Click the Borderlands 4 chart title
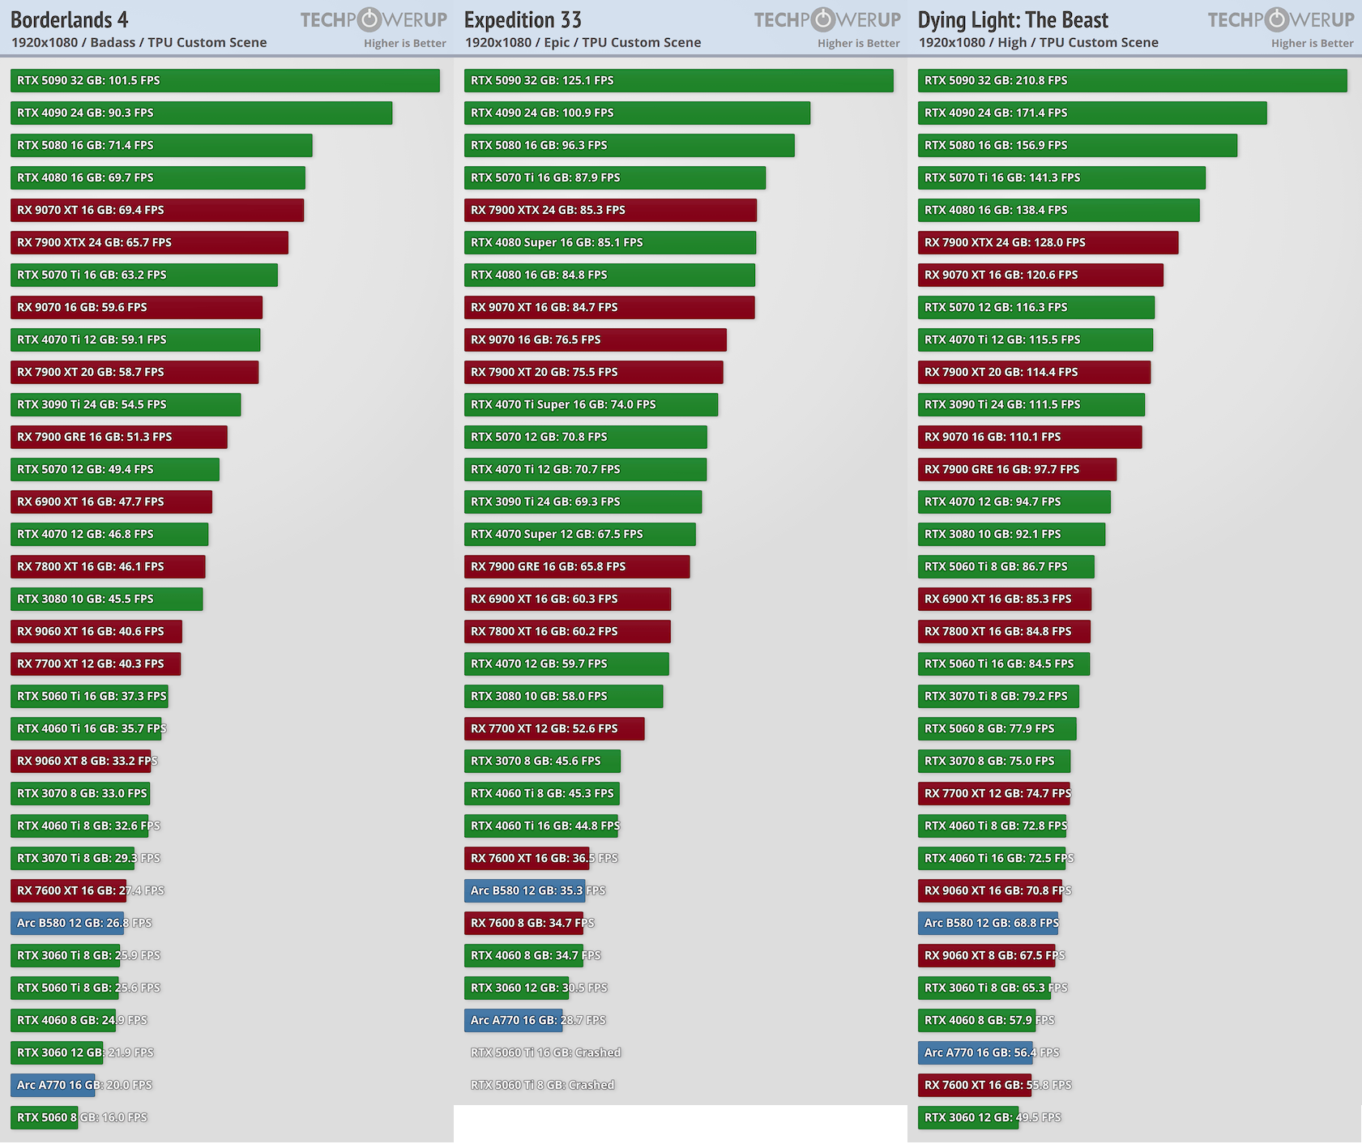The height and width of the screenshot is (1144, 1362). pos(69,19)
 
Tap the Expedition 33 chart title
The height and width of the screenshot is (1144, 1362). pos(523,19)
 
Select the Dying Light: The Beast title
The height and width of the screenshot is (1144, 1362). pos(1013,19)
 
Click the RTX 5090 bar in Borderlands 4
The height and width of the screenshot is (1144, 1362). pos(224,80)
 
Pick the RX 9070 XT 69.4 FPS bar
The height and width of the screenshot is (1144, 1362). pos(156,210)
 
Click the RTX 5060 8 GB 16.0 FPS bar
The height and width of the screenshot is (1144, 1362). pos(44,1117)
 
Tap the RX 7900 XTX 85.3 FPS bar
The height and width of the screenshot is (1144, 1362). pos(609,210)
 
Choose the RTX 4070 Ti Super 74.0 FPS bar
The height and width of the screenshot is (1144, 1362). pos(590,404)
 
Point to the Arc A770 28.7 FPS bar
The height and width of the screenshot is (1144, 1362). pos(513,1020)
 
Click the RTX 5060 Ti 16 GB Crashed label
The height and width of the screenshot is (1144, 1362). pos(545,1052)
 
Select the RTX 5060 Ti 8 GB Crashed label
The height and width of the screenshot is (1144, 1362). pos(542,1085)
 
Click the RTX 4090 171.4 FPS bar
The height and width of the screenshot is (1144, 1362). pos(1091,113)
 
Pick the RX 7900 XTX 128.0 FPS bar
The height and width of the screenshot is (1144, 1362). pos(1048,242)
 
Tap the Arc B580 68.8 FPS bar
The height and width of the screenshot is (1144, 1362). pos(987,923)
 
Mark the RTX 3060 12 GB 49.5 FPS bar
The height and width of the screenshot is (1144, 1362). pos(967,1117)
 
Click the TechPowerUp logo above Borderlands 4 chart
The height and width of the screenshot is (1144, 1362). pos(374,19)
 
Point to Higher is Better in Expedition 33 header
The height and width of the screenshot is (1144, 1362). pos(858,43)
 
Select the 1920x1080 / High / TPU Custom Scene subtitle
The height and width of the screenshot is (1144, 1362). pos(1038,42)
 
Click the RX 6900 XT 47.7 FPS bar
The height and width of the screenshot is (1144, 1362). pos(111,502)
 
